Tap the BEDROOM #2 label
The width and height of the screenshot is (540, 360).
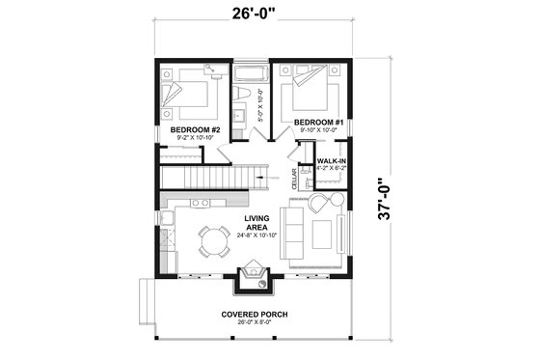196,128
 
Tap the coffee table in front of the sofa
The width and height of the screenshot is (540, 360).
321,233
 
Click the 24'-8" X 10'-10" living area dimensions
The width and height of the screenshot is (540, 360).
256,235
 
